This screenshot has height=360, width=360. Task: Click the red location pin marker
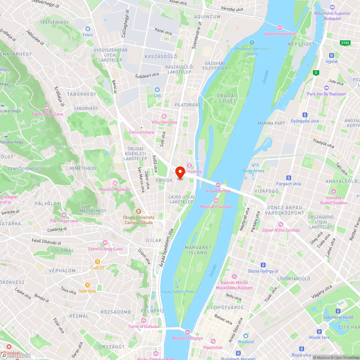pos(180,172)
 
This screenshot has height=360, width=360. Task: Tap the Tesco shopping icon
pos(87,29)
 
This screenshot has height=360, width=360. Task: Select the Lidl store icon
pos(157,89)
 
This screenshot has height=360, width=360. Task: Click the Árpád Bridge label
pos(218,191)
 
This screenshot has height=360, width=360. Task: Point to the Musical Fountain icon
pos(216,201)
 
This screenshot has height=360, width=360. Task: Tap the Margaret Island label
pos(198,250)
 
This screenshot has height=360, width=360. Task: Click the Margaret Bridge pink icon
pos(187,332)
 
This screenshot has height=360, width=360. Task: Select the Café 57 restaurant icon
pos(97,262)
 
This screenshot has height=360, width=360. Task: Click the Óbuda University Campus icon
pos(139,211)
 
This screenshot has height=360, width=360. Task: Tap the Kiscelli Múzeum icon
pos(114,183)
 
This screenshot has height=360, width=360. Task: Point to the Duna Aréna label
pos(253,171)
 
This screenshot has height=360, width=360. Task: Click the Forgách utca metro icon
pos(288,178)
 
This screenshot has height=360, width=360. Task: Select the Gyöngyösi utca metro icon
pos(305,115)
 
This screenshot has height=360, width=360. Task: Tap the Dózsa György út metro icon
pos(264,265)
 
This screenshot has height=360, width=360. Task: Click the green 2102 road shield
pos(345,43)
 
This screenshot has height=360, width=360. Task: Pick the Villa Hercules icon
pos(164,116)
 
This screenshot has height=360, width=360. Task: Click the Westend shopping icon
pos(246,336)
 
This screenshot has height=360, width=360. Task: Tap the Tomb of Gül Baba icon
pos(144,320)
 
